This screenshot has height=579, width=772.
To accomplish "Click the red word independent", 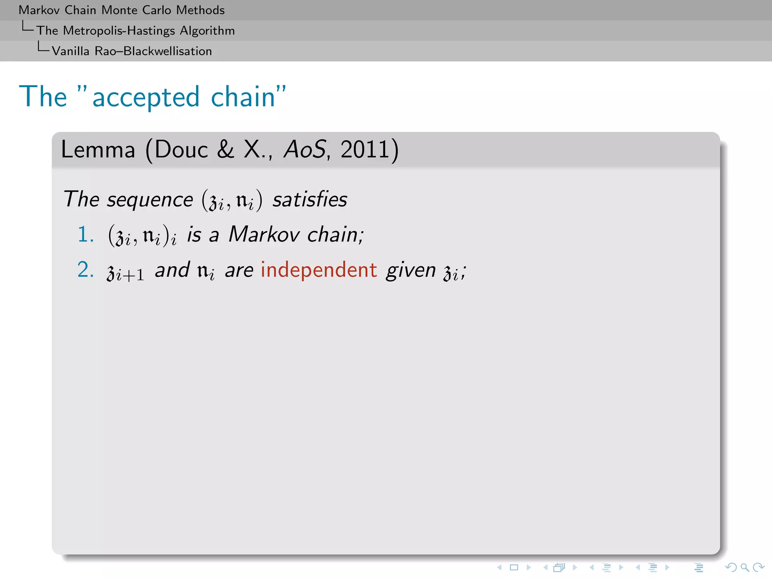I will click(x=319, y=270).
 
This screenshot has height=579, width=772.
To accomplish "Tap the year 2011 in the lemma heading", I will click(x=365, y=150).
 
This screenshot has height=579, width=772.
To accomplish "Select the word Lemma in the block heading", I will click(x=98, y=150).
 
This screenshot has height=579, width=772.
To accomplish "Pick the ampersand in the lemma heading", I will click(x=225, y=150).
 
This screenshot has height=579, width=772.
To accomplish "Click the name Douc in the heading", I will click(x=181, y=150).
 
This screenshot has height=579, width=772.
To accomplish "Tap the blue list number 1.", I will click(x=85, y=234).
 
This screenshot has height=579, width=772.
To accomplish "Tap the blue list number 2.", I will click(x=85, y=270).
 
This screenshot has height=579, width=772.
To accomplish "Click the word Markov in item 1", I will click(x=264, y=234).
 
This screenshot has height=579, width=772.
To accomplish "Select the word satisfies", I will click(x=309, y=199).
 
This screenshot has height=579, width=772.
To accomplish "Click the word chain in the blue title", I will click(x=243, y=97).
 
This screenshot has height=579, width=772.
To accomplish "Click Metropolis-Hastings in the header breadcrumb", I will click(x=119, y=31).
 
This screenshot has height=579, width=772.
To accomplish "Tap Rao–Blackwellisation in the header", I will click(x=153, y=51).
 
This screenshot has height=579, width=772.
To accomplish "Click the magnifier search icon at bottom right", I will click(x=744, y=567).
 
